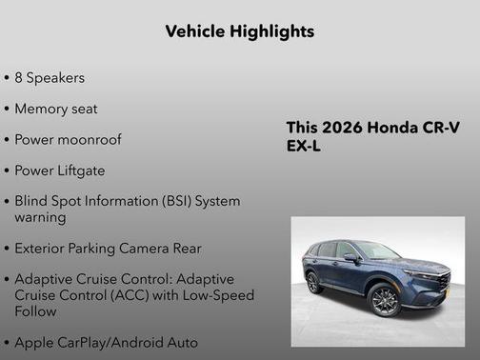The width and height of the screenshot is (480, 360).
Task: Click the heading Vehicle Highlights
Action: [x=239, y=31]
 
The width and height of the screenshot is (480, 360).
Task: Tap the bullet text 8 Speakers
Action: [x=50, y=77]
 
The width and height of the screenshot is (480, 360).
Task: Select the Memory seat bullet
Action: [x=56, y=109]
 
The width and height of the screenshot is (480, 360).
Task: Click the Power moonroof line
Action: [x=68, y=139]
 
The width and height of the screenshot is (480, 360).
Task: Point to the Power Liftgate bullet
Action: [x=60, y=170]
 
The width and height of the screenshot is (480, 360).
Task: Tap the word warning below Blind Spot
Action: [x=40, y=217]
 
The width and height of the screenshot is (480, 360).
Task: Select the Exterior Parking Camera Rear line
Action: [x=108, y=249]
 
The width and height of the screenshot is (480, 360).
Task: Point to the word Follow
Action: [x=37, y=310]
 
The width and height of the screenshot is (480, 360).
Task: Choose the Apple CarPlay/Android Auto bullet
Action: [x=107, y=341]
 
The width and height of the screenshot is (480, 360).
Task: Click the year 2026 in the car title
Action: [x=339, y=128]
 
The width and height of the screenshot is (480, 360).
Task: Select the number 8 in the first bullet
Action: [x=19, y=77]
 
